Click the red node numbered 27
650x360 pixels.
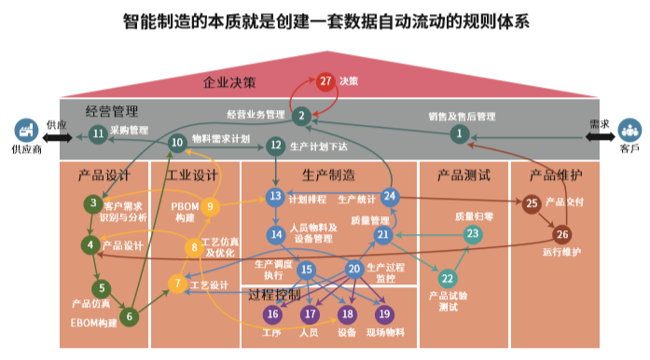(x=325, y=81)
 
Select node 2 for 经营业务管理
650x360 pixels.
(x=300, y=116)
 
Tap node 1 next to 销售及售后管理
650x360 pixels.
(x=458, y=134)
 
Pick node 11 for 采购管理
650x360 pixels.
(x=98, y=133)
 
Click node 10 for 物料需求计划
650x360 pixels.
(x=177, y=142)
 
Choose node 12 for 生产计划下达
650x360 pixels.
(x=275, y=145)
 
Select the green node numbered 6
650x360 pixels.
(x=131, y=316)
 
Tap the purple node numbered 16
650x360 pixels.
(x=272, y=314)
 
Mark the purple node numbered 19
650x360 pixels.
(x=384, y=314)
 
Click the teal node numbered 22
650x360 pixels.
(x=448, y=278)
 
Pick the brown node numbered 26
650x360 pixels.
(x=562, y=234)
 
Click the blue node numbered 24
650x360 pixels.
(x=390, y=196)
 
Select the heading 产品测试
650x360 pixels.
(x=463, y=173)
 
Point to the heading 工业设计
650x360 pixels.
(x=192, y=173)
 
